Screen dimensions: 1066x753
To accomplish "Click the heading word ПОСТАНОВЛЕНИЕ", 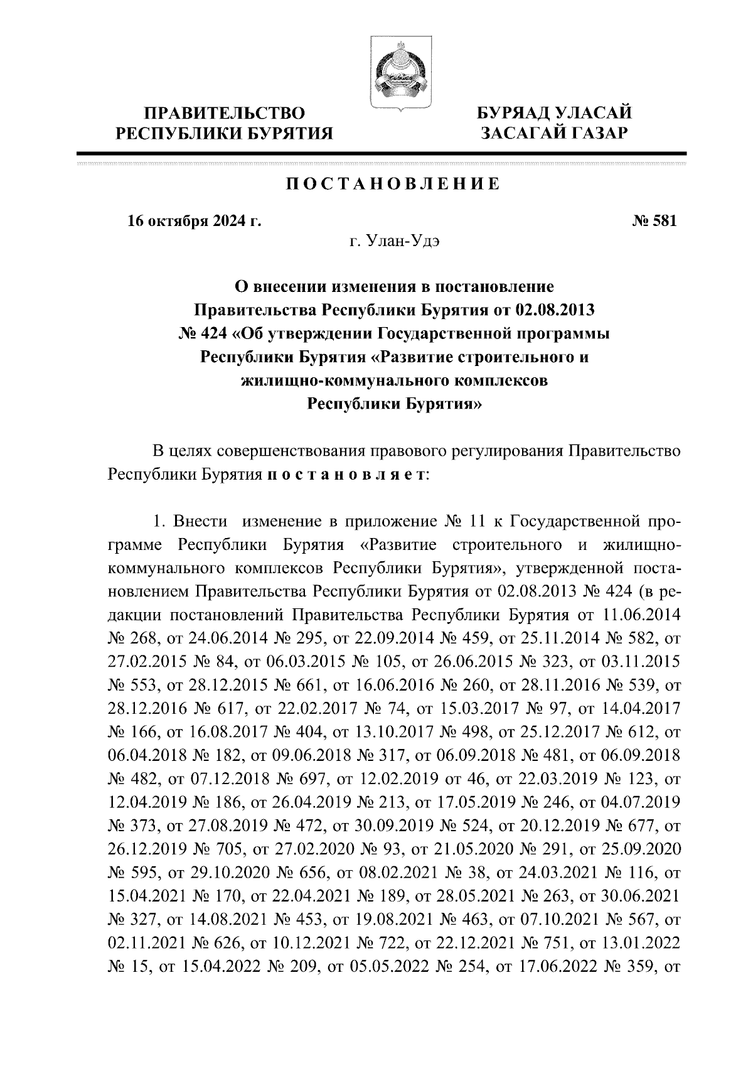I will pyautogui.click(x=393, y=184).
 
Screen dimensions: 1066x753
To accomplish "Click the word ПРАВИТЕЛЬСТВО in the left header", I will pyautogui.click(x=225, y=114).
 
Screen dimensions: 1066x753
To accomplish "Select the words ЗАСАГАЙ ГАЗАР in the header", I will pyautogui.click(x=553, y=134).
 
